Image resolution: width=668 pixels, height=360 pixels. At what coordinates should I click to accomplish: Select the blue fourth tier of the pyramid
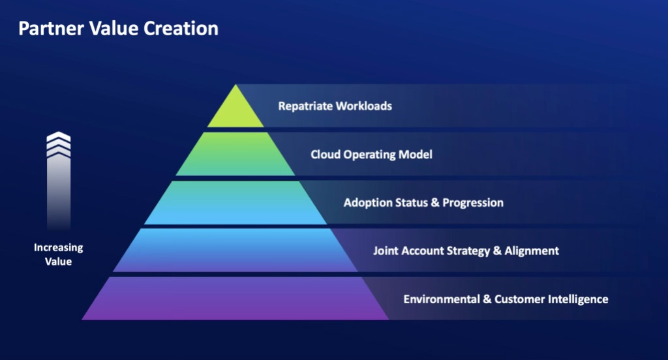[235, 250]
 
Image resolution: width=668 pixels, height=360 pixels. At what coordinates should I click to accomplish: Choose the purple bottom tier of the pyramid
[235, 299]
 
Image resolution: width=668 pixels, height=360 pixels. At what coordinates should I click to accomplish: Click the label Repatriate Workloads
[335, 106]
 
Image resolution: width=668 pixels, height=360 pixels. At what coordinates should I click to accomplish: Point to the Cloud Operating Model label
[371, 155]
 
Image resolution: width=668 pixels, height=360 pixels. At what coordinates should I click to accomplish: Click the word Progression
[473, 203]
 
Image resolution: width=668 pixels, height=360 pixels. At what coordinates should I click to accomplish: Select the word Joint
[386, 250]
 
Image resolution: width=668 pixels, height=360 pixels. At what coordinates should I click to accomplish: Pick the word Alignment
[531, 250]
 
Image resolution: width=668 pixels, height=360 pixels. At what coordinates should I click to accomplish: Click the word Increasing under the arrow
[59, 248]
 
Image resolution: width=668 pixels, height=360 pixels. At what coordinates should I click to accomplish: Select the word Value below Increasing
[59, 262]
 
